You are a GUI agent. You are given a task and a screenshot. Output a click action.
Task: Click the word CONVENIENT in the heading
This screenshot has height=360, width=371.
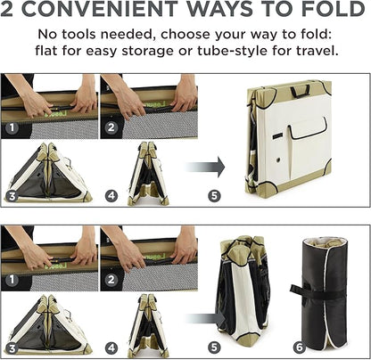[102, 9]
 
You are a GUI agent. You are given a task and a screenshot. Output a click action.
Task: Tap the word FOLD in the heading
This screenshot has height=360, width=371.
[333, 9]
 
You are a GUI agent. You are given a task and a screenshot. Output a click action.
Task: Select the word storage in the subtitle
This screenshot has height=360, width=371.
[148, 52]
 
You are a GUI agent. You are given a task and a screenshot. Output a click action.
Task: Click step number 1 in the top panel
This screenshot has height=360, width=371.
[12, 127]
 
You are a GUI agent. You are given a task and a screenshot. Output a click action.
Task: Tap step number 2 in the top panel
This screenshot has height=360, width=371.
[111, 127]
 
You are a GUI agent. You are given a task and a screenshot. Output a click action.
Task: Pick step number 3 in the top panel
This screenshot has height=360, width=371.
[12, 196]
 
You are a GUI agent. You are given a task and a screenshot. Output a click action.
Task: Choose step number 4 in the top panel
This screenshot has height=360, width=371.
[111, 196]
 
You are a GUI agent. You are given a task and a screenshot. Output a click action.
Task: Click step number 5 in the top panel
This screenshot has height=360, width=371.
[214, 196]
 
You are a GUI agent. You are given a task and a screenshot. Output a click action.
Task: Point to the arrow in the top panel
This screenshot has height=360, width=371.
[204, 168]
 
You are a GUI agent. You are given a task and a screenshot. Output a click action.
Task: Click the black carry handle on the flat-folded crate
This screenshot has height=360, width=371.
[301, 91]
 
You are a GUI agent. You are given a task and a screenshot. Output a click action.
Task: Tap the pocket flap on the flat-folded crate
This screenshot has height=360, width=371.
[308, 128]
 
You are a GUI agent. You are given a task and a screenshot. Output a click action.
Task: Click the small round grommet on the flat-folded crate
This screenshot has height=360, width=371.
[278, 160]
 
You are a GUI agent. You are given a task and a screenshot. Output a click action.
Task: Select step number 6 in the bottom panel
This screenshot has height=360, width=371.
[299, 348]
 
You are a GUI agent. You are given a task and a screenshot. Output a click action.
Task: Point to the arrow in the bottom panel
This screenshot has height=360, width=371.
[205, 319]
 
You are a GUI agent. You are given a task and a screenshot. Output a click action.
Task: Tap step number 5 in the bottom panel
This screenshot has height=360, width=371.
[214, 348]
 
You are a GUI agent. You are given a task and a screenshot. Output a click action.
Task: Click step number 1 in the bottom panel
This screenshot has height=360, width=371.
[12, 280]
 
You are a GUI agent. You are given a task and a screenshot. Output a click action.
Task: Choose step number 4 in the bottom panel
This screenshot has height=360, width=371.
[111, 348]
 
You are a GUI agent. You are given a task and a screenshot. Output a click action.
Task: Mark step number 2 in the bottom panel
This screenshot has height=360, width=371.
[111, 280]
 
